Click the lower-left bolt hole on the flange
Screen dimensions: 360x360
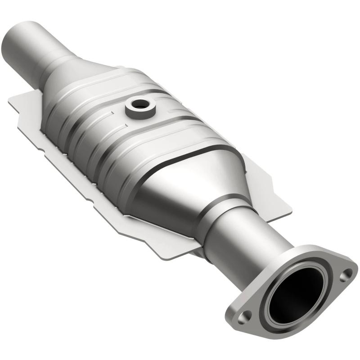click(243, 317)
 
